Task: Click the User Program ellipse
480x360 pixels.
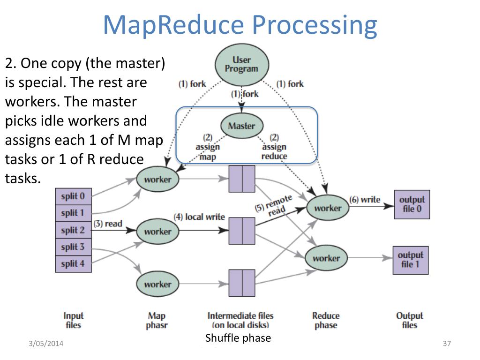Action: click(242, 65)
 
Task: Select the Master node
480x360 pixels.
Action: click(242, 126)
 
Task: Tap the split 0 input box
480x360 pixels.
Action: click(74, 196)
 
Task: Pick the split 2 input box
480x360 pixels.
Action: click(74, 230)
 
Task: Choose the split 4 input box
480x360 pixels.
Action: click(74, 263)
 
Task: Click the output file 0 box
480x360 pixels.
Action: click(412, 204)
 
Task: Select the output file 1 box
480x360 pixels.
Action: click(411, 260)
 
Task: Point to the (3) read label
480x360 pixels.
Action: click(108, 224)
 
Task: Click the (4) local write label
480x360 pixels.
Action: click(199, 217)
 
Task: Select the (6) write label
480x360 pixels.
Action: click(365, 200)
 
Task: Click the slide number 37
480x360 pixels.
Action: click(447, 344)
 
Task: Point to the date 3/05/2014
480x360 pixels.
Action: click(46, 344)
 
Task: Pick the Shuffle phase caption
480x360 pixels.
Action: click(238, 338)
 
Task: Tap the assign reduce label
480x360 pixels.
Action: click(274, 147)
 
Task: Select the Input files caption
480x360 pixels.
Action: click(74, 320)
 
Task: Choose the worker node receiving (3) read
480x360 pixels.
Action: click(157, 231)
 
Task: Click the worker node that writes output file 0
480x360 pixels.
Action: click(328, 208)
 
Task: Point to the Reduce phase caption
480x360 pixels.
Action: click(326, 320)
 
